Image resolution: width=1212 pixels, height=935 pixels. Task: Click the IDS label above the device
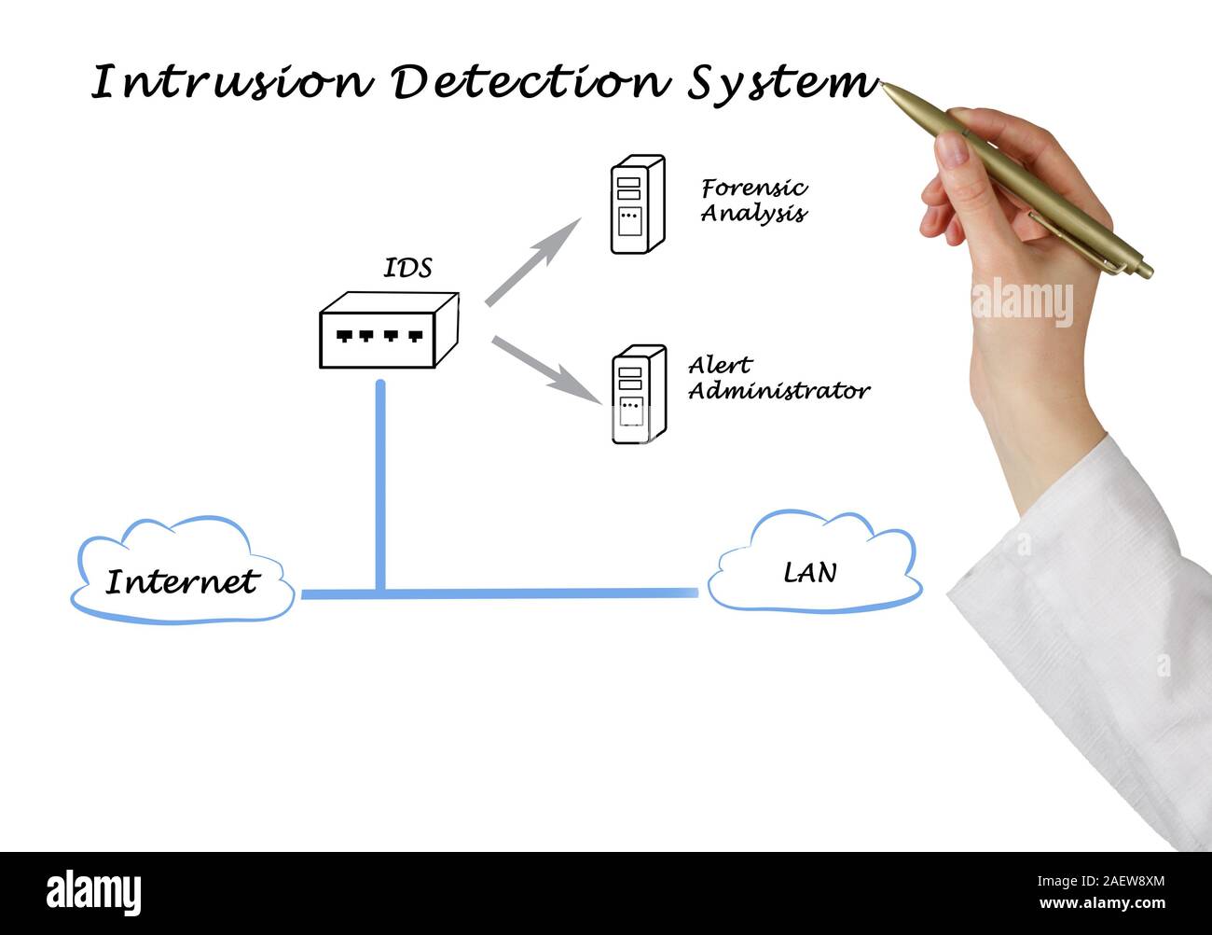pyautogui.click(x=408, y=269)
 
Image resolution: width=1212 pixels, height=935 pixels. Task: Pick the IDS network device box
pyautogui.click(x=389, y=331)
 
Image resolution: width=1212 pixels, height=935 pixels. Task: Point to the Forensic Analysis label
pyautogui.click(x=753, y=201)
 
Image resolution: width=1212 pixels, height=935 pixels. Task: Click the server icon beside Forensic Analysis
pyautogui.click(x=637, y=204)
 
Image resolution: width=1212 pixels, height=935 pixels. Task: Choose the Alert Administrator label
pyautogui.click(x=778, y=378)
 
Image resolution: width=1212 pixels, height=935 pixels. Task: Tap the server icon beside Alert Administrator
pyautogui.click(x=639, y=395)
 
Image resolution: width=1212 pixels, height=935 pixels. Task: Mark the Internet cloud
pyautogui.click(x=183, y=571)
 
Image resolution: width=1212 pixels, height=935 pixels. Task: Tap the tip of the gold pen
pyautogui.click(x=884, y=87)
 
